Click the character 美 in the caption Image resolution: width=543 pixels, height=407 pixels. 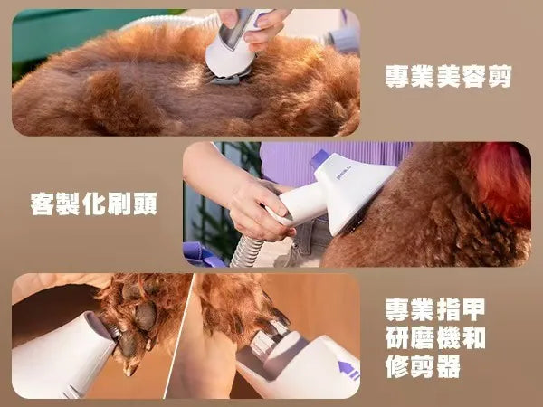coord(449,77)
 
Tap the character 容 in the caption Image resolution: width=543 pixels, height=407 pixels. coord(474,77)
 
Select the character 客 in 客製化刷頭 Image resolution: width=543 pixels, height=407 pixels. coord(43,203)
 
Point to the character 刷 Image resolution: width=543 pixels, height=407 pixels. coord(119,203)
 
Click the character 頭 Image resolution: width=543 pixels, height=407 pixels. coord(145,203)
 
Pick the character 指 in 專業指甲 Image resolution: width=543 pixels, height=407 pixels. coord(449,309)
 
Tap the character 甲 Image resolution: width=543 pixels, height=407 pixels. coord(474,309)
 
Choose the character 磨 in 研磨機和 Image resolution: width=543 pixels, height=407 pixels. coord(423,338)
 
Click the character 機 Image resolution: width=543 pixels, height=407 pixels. coord(449,338)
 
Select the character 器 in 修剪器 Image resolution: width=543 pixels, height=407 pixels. coord(449,366)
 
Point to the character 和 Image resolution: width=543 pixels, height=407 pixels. coord(474,338)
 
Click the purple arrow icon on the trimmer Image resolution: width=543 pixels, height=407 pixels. coord(348,370)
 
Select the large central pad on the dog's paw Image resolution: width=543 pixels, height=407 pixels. coord(146,316)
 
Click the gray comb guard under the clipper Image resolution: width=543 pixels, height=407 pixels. coord(229,78)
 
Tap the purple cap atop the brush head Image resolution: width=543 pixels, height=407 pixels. coord(320,158)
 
